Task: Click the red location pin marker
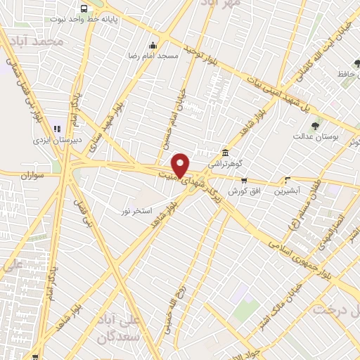pyautogui.click(x=181, y=165)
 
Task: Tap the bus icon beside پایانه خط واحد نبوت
pyautogui.click(x=84, y=9)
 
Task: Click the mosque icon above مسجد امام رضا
pyautogui.click(x=153, y=46)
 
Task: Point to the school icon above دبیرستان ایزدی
pyautogui.click(x=57, y=129)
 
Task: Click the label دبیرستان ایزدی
pyautogui.click(x=57, y=140)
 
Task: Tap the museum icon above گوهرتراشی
pyautogui.click(x=224, y=153)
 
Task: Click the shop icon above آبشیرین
pyautogui.click(x=286, y=180)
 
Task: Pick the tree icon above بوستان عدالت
pyautogui.click(x=315, y=126)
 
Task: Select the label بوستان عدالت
pyautogui.click(x=316, y=136)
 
